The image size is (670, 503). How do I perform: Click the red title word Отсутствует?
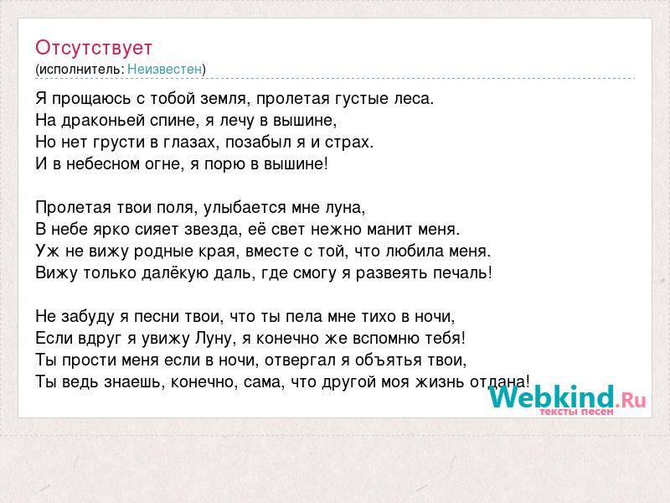pos(94,48)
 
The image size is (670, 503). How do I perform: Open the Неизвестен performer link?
pos(164,69)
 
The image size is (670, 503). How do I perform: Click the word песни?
pos(157,317)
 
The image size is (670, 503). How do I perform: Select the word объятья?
pos(389,360)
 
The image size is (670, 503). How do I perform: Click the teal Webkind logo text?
pos(552,397)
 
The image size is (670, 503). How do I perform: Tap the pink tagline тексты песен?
pos(576,412)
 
